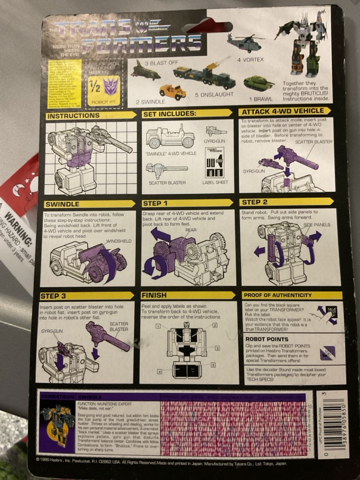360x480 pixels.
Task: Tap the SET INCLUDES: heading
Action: (x=169, y=114)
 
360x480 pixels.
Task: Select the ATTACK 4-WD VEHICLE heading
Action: (x=283, y=111)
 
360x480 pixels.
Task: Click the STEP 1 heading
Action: (x=155, y=203)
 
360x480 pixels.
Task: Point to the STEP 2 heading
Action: (x=255, y=202)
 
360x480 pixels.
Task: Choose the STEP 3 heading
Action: (x=53, y=296)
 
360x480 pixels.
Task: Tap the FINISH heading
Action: (x=154, y=295)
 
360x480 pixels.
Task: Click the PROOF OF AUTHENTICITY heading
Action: (x=278, y=295)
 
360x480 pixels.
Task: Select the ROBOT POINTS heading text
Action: (x=267, y=339)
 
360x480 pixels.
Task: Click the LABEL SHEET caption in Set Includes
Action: (x=215, y=182)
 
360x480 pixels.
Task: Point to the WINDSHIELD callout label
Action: (x=119, y=241)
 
